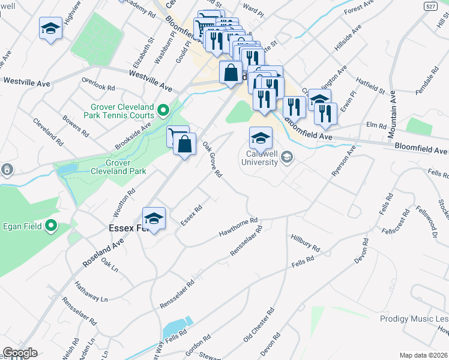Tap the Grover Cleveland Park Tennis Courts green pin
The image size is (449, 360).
[163, 110]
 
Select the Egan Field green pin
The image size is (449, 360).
[51, 226]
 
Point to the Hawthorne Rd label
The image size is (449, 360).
[238, 226]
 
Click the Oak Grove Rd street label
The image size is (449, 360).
[212, 159]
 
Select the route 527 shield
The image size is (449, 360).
[429, 5]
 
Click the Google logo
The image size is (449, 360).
[20, 352]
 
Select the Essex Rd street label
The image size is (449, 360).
[191, 216]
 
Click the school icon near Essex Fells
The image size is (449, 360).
[154, 218]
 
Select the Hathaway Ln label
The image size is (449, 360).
[90, 290]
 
